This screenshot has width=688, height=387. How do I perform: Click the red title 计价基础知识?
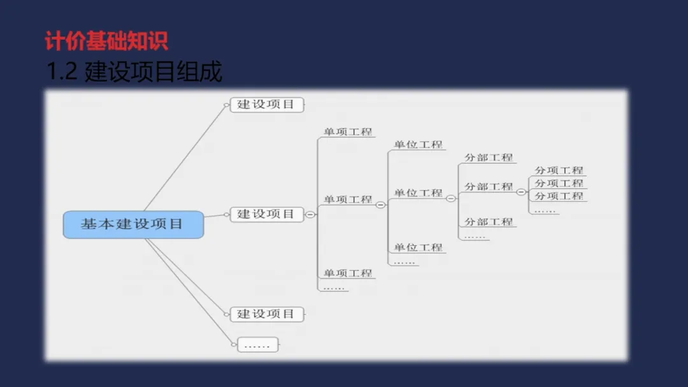106,41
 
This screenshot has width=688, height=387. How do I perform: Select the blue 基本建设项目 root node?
133,225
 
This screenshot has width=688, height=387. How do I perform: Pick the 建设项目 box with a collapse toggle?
266,214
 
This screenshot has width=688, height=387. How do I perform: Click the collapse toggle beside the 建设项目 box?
310,215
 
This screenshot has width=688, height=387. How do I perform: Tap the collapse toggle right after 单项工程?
380,205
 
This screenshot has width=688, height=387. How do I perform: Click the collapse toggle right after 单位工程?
450,199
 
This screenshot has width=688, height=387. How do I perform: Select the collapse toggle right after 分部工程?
520,192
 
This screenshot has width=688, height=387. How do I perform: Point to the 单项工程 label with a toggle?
347,199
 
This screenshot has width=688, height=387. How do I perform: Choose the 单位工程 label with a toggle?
418,193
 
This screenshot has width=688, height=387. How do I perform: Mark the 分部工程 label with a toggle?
488,186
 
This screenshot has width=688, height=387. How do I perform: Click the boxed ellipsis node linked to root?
257,345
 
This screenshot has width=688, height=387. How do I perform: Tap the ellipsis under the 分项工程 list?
545,210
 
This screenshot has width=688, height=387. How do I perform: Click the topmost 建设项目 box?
266,104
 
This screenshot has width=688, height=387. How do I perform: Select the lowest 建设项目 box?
266,314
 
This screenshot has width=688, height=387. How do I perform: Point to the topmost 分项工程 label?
559,170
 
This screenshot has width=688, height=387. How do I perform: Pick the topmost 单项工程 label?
347,132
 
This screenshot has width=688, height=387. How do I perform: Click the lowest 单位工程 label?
418,247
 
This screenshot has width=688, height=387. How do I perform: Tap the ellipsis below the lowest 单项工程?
334,287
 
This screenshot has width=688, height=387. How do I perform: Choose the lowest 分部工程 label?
488,222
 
